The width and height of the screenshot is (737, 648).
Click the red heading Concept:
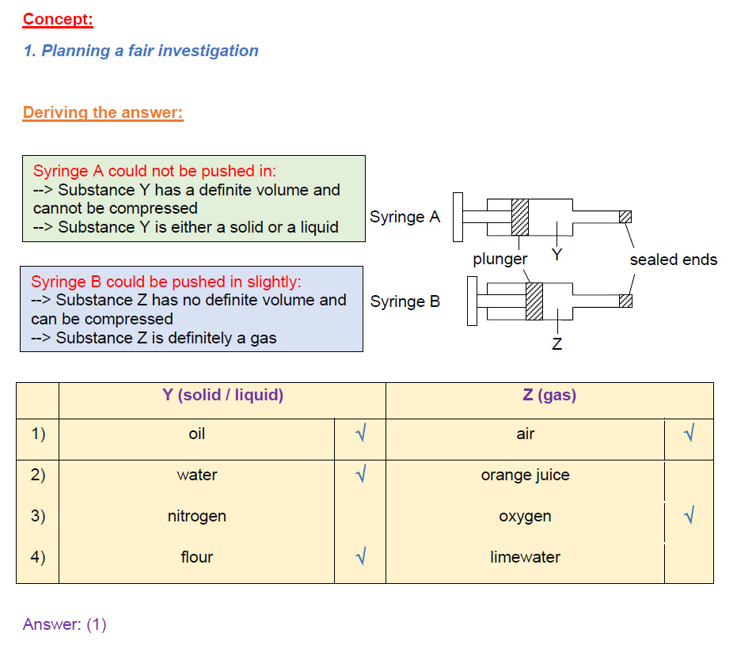[58, 19]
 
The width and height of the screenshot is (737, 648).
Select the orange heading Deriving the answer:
[103, 113]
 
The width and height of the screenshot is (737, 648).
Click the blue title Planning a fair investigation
[150, 51]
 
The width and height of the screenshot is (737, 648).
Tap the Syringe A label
[405, 217]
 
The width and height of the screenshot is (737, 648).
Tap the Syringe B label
[405, 301]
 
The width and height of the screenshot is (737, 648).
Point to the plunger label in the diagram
[500, 260]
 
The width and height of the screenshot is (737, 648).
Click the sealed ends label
[674, 260]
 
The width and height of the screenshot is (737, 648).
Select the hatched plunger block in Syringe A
[520, 217]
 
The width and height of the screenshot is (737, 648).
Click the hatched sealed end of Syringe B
[625, 301]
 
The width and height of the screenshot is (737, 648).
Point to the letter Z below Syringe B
[557, 344]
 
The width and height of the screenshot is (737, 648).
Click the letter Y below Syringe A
[557, 255]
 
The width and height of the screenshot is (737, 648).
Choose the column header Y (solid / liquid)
[222, 395]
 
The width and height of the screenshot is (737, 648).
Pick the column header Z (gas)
[549, 395]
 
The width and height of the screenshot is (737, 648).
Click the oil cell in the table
[197, 434]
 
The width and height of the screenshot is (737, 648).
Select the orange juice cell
[525, 475]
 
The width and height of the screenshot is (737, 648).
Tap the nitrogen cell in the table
[197, 517]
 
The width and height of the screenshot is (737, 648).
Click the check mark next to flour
[361, 556]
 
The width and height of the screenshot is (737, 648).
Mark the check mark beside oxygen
[689, 515]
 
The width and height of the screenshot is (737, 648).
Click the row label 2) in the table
[38, 475]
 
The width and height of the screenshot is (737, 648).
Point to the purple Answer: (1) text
[65, 624]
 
